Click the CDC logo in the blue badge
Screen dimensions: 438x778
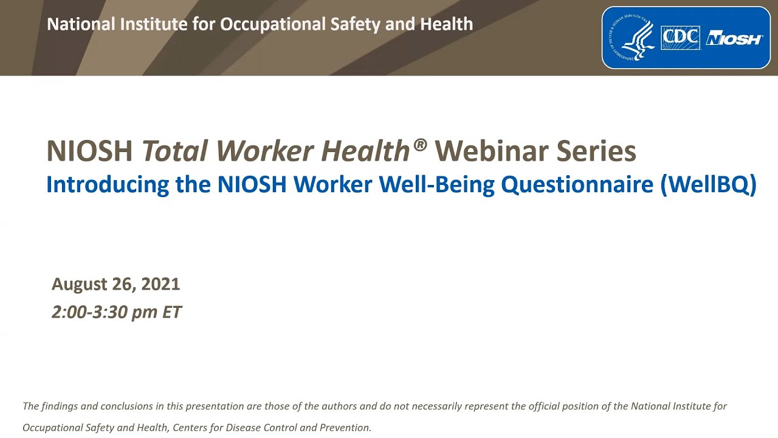click(680, 38)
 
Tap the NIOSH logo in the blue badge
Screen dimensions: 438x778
click(734, 39)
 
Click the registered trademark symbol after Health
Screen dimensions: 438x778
click(419, 145)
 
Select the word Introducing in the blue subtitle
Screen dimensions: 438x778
click(108, 184)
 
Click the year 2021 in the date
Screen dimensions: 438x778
click(160, 284)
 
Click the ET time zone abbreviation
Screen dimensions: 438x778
click(171, 312)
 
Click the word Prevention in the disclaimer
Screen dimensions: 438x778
click(345, 428)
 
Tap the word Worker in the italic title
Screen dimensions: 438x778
click(265, 151)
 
